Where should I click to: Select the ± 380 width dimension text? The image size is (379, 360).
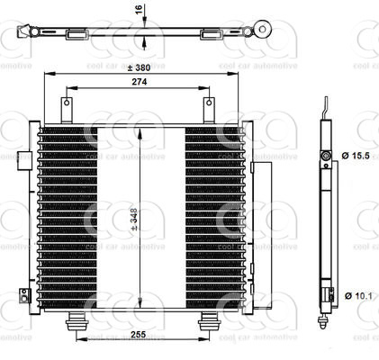[x=138, y=68]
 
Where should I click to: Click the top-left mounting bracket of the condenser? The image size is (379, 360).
[x=67, y=108]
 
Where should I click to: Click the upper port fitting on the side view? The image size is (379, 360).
[x=325, y=158]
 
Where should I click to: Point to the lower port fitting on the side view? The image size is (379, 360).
[x=325, y=294]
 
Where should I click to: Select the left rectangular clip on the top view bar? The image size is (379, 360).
[x=76, y=35]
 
